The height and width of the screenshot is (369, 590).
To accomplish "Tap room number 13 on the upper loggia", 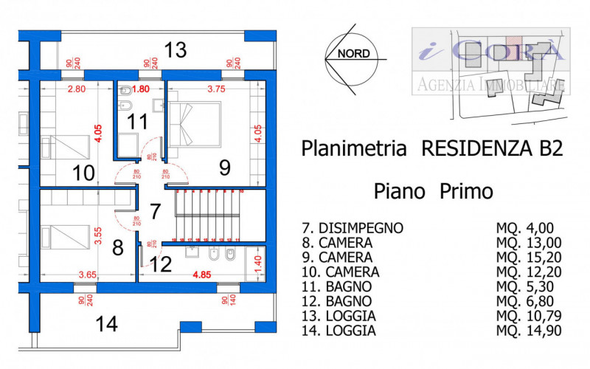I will pyautogui.click(x=175, y=50).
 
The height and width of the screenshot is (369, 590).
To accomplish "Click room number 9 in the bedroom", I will pyautogui.click(x=225, y=168).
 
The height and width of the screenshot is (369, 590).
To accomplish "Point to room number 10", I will pyautogui.click(x=83, y=173).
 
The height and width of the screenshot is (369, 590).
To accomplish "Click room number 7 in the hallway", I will pyautogui.click(x=155, y=210).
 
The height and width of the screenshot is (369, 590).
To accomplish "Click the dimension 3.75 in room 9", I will pyautogui.click(x=216, y=89).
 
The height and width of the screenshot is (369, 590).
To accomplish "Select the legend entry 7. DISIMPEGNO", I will pyautogui.click(x=353, y=228).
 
